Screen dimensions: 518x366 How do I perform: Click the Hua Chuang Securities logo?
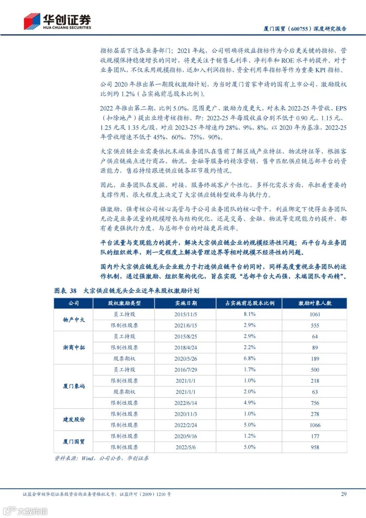coord(57,22)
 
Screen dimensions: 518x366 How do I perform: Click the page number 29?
coord(343,494)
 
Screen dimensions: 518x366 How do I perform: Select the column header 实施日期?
coord(185,303)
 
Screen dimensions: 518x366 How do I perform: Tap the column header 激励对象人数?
coord(314,303)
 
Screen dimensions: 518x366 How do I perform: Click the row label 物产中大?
coord(74,320)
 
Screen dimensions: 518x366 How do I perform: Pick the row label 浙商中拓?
coord(74,347)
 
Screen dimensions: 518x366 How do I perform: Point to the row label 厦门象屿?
coord(74,386)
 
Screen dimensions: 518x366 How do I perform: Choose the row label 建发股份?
coord(74,419)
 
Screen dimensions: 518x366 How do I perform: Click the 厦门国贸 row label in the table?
coord(74,441)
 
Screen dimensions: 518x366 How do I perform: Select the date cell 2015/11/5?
coord(185,314)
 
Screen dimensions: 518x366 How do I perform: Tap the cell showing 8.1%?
coord(249,314)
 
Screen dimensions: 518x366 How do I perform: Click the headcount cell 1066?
coord(315,425)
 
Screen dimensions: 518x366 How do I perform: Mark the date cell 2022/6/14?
coord(185,403)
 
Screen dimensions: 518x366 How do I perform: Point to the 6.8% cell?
coord(249,359)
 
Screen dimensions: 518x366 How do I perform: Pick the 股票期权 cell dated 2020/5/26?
coord(124,359)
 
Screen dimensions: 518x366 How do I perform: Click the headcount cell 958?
coord(315,447)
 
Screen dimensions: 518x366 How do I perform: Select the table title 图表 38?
coord(65,291)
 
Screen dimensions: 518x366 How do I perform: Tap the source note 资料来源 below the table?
coord(101,458)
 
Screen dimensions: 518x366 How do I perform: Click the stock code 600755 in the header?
coord(299,29)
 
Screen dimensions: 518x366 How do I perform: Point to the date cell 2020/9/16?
coord(185,436)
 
